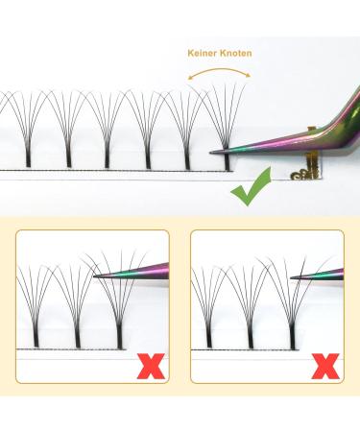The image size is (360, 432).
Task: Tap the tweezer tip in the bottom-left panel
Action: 97,277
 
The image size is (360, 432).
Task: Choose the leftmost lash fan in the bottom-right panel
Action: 206,307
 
